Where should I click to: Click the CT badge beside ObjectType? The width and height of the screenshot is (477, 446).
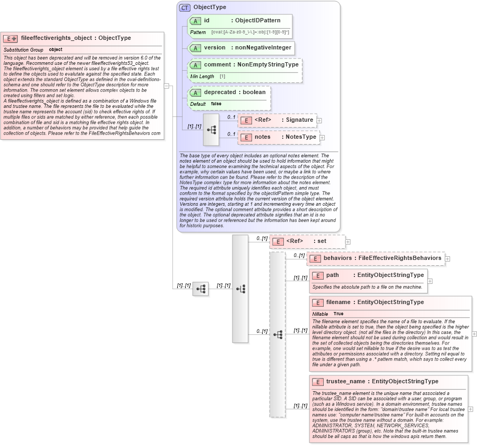tap(185, 7)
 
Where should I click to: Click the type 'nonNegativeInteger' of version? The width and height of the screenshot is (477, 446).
tap(263, 47)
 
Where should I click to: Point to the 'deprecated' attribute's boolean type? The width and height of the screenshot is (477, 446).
tap(254, 92)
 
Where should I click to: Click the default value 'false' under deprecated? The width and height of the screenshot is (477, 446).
tap(216, 104)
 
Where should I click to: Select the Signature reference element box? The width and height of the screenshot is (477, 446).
tap(277, 120)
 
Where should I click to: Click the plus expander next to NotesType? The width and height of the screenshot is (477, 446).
tap(322, 137)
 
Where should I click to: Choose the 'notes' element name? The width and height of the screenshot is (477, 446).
tap(263, 137)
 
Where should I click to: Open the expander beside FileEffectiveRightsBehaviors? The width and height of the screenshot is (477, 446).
tap(448, 258)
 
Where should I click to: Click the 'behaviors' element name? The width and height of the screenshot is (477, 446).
tap(337, 258)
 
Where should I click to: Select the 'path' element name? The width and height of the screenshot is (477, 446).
tap(333, 275)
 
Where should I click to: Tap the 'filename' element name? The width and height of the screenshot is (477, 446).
tap(340, 302)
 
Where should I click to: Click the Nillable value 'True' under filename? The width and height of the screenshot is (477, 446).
tap(338, 314)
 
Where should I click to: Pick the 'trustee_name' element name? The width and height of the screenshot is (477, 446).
tap(345, 382)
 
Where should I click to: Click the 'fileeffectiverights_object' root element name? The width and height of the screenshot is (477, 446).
tap(57, 38)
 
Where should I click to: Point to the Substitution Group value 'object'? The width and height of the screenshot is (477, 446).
tap(56, 50)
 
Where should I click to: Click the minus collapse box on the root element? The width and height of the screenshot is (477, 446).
tap(167, 86)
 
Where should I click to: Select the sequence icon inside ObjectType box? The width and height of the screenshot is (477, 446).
tap(211, 130)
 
